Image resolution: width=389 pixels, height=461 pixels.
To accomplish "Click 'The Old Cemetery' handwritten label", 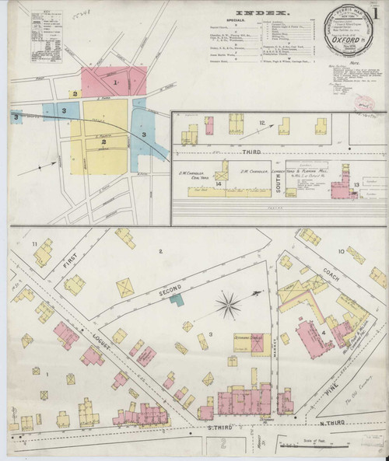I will pos(366,403).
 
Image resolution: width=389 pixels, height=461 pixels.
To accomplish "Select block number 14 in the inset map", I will pos(220,183).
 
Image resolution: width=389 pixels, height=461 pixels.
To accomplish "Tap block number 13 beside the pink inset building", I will pos(356,184).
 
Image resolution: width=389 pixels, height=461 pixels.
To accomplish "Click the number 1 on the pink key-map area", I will pos(115,82).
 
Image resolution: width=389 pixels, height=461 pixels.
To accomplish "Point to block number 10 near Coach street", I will pos(341,252).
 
